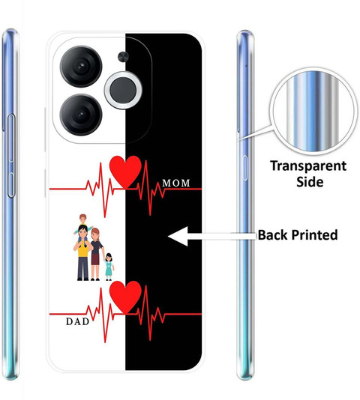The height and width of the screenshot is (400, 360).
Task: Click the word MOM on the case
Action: coord(176,183)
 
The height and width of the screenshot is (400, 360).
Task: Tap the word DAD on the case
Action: coord(78,321)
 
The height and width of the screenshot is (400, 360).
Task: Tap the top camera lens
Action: coord(81,67)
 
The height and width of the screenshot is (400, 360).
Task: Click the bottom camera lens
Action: coord(81,115)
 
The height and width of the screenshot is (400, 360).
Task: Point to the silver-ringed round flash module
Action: coord(123,91)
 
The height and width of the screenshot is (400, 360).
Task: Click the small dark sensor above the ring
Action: coord(123,57)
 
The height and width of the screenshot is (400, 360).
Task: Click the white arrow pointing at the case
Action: coord(212,236)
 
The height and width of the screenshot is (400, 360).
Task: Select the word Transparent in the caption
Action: coord(308,166)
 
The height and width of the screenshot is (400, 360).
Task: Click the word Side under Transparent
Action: coord(310,181)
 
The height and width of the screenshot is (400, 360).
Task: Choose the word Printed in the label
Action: coord(315,235)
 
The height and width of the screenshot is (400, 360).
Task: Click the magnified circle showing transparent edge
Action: coord(313,112)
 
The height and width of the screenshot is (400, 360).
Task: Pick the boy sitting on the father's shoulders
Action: coord(82,224)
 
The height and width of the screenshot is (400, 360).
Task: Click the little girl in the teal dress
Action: coord(109,267)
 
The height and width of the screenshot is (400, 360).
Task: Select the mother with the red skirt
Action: coord(96,255)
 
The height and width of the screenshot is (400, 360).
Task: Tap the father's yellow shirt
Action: coord(83,249)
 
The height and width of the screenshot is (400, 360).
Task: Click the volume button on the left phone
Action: coord(11,156)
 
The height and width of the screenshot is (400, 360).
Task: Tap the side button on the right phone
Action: coord(245,168)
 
